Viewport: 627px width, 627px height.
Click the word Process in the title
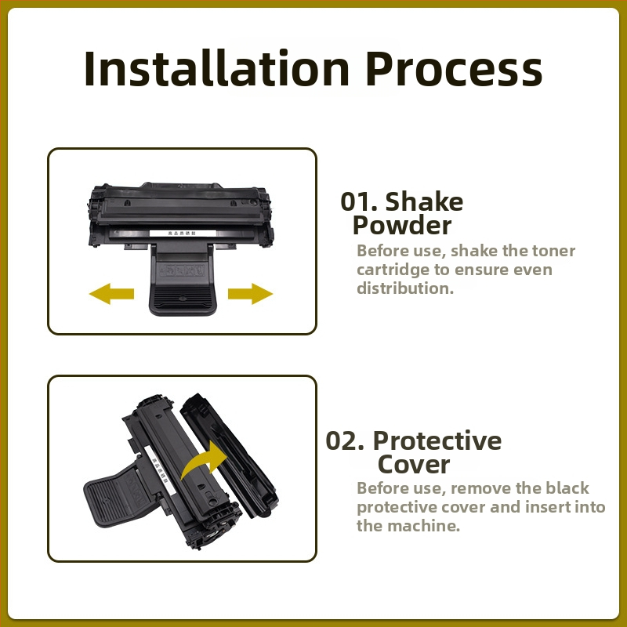(x=454, y=68)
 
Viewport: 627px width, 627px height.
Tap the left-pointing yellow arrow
(x=111, y=294)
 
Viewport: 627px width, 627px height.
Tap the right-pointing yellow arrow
(x=250, y=294)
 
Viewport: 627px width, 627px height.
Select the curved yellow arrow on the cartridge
(x=205, y=459)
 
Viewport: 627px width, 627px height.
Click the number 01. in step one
(x=359, y=201)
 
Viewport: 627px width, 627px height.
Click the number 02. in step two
(x=345, y=440)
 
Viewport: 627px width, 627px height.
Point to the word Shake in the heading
(x=424, y=201)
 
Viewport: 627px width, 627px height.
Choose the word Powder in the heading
(x=402, y=225)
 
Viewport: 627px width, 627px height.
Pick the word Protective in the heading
(x=437, y=440)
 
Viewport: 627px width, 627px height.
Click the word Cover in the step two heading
(x=414, y=465)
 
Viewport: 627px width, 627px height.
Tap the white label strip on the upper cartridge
(x=183, y=233)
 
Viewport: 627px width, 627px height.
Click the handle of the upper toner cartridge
(x=183, y=280)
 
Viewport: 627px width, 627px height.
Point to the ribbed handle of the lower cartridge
(x=117, y=497)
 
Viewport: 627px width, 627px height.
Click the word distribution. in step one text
(x=405, y=288)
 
